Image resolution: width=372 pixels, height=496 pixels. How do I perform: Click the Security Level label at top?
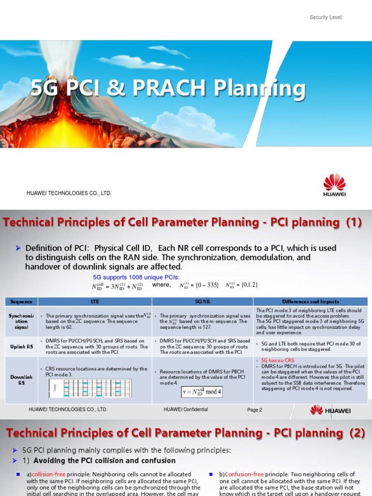click(326, 17)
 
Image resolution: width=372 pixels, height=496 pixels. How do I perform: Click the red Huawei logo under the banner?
click(334, 186)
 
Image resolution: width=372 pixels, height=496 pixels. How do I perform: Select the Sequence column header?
click(21, 301)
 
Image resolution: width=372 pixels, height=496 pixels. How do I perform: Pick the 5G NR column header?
click(202, 301)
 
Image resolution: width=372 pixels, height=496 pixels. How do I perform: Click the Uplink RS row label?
click(21, 346)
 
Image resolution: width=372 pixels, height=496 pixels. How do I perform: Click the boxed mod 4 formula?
click(202, 392)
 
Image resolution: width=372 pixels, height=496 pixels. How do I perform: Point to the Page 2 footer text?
click(254, 410)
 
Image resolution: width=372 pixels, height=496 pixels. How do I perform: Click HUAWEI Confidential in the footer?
click(186, 410)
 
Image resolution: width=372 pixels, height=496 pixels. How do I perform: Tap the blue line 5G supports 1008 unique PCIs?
click(136, 277)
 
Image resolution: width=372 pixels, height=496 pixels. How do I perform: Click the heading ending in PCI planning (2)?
click(184, 433)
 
